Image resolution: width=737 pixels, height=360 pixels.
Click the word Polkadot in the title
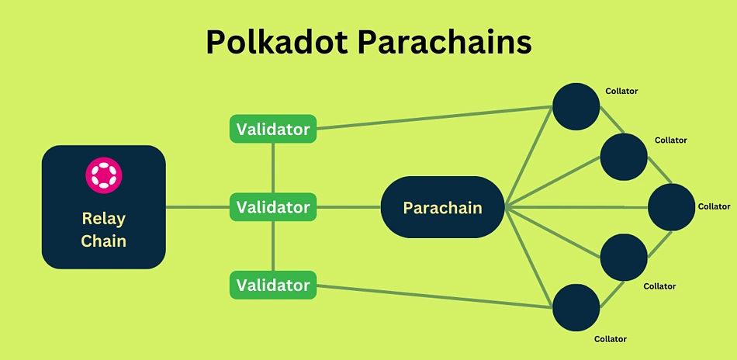tap(277, 43)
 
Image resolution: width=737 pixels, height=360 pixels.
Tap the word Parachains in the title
tap(445, 43)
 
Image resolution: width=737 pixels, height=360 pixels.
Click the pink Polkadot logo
tap(104, 175)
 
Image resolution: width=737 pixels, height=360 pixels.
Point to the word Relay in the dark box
tap(103, 219)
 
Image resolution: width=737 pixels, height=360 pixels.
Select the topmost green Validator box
tap(273, 129)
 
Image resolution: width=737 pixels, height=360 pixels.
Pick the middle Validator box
tap(273, 207)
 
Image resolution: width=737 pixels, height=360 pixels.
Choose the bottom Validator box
tap(273, 285)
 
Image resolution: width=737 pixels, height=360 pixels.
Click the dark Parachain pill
tap(442, 207)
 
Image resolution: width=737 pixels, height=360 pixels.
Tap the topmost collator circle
tap(576, 107)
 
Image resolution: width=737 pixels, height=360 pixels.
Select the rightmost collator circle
tap(671, 207)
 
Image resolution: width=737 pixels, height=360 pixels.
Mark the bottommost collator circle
tap(576, 308)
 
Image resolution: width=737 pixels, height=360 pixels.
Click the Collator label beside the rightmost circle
tap(714, 206)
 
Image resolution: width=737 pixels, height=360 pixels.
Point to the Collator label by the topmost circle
tap(621, 92)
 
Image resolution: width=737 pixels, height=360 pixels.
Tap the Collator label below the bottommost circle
tap(610, 339)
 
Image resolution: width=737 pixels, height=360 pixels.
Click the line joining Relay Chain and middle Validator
tap(197, 207)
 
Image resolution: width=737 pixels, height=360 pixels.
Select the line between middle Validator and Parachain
tap(348, 207)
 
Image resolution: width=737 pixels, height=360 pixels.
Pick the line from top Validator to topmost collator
tap(434, 117)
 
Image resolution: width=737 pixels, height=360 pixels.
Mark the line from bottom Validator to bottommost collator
tap(434, 296)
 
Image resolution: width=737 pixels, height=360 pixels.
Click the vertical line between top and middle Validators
tap(273, 168)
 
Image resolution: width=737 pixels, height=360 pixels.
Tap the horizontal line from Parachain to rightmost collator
tap(576, 207)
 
